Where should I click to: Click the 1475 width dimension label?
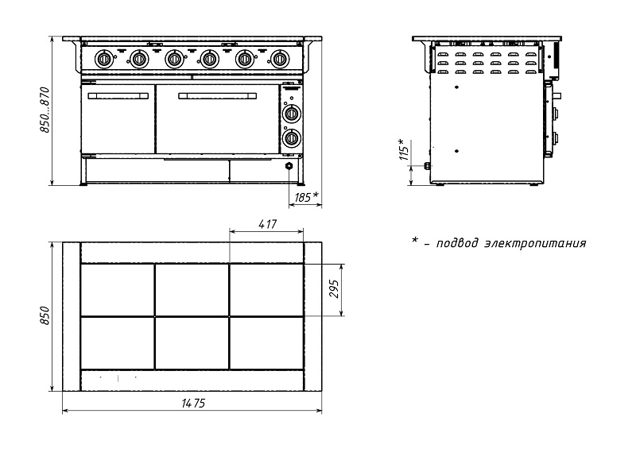coord(192,404)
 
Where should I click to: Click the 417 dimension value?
coord(267,225)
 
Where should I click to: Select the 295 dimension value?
coord(334,290)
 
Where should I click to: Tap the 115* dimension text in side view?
coord(403,150)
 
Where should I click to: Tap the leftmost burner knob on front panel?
coord(103,58)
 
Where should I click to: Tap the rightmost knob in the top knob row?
coord(279,58)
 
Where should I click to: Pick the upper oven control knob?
coord(293,113)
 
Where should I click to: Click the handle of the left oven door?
coord(117,95)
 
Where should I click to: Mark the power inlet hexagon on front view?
coord(289,167)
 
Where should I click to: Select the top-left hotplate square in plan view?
coord(117,290)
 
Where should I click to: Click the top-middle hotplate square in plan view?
coord(192,290)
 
